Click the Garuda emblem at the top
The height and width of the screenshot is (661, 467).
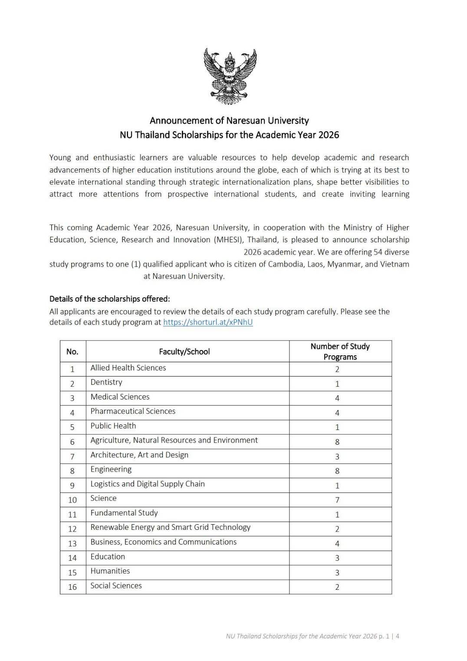coord(230,76)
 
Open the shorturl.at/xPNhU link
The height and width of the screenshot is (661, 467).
coord(207,322)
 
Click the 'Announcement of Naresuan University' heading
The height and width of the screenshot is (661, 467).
coord(229,120)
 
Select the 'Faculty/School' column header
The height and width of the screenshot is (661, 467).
coord(184,352)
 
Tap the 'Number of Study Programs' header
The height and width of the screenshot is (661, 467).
coord(340,351)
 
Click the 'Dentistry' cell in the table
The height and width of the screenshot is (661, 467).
coord(106,382)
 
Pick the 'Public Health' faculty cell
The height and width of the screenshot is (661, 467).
coord(113,426)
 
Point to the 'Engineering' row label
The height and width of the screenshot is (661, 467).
coord(111,469)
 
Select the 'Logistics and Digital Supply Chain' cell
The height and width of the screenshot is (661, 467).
coord(148,484)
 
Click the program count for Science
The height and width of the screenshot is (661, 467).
coord(337,500)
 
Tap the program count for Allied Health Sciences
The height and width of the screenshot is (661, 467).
coord(337,369)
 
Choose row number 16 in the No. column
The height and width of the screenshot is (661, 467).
coord(72,587)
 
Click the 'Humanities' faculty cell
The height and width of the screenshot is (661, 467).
coord(110,571)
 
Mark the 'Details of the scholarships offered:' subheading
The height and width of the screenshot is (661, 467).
coord(109,299)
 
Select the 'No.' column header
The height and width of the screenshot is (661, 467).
coord(72,352)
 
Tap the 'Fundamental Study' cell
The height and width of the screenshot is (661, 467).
coord(124,513)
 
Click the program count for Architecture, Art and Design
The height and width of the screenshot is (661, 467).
coord(337,456)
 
